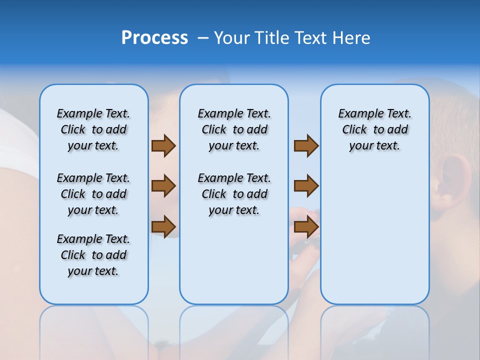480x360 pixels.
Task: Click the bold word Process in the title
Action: tap(154, 38)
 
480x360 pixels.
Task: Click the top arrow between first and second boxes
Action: tap(163, 146)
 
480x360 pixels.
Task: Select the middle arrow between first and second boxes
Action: tap(163, 186)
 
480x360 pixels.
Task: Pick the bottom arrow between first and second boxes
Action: tap(163, 227)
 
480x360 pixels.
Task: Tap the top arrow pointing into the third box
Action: tap(306, 146)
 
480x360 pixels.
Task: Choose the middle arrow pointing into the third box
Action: tap(306, 186)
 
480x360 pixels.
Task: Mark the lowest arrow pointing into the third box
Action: tap(306, 227)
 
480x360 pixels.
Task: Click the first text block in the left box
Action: tap(93, 129)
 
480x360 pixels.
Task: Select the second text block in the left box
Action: tap(93, 194)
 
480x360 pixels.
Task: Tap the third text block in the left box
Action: tap(93, 255)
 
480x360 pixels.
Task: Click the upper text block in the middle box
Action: tap(234, 129)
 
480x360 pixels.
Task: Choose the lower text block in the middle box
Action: tap(234, 194)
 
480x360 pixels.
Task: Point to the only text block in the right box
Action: tap(374, 129)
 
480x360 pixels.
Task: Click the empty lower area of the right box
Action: tap(374, 240)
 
